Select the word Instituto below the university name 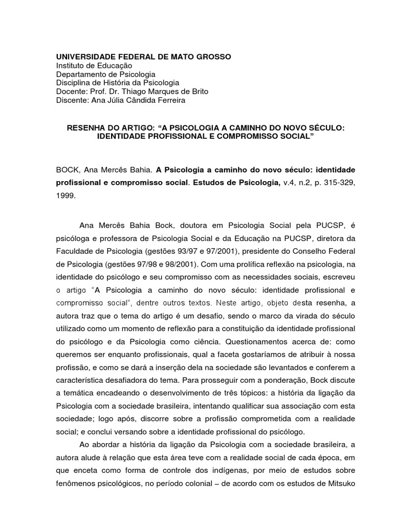[x=72, y=65]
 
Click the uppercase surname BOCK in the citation [x=67, y=169]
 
